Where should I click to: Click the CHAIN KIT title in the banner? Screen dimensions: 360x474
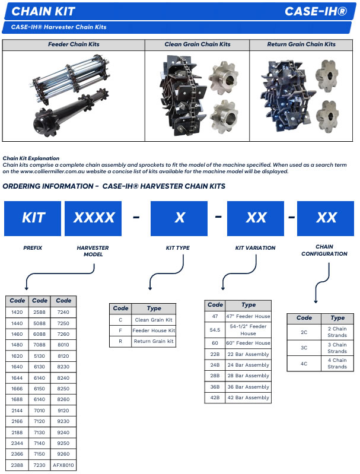click(43, 11)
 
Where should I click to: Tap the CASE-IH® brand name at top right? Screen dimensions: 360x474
click(316, 11)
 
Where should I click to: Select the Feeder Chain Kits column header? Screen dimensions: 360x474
click(74, 44)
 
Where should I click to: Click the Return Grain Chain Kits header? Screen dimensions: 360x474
click(301, 44)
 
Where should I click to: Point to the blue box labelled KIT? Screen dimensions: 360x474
click(33, 218)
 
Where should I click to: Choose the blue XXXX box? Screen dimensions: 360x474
click(93, 218)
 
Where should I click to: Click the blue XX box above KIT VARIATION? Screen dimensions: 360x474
click(256, 218)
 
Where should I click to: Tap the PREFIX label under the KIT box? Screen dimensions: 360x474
click(33, 248)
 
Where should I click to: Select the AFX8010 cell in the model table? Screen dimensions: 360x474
click(63, 465)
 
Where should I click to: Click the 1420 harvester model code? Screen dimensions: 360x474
click(17, 312)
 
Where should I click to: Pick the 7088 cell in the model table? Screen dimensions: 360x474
click(39, 345)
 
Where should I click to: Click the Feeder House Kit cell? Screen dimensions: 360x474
click(154, 330)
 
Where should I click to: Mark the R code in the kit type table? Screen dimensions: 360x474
click(120, 341)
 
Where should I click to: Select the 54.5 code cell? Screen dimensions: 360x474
click(215, 330)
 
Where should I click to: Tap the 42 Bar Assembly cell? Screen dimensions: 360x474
click(248, 397)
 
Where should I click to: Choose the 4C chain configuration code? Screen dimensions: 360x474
click(304, 364)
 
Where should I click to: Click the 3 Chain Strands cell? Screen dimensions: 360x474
click(337, 348)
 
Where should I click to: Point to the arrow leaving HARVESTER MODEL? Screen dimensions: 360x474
click(60, 273)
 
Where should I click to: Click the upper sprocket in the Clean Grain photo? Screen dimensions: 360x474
click(223, 77)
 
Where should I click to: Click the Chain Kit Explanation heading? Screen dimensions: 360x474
click(31, 158)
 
